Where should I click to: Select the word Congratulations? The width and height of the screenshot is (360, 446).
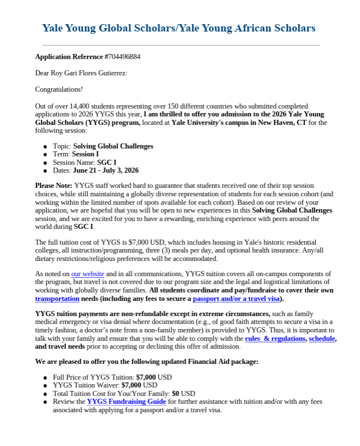(59, 89)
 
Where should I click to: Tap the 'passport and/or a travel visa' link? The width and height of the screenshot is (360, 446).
(236, 299)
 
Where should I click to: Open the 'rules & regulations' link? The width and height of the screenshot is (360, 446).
(274, 339)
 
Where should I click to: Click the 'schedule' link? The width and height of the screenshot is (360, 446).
(322, 339)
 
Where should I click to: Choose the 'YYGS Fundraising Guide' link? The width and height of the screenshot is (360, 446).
(126, 402)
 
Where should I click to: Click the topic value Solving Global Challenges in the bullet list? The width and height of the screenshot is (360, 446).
(113, 146)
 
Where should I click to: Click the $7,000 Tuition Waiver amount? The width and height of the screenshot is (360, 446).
(132, 385)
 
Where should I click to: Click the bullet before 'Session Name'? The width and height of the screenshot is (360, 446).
(45, 163)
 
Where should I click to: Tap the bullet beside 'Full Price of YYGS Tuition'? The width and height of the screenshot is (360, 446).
(45, 377)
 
